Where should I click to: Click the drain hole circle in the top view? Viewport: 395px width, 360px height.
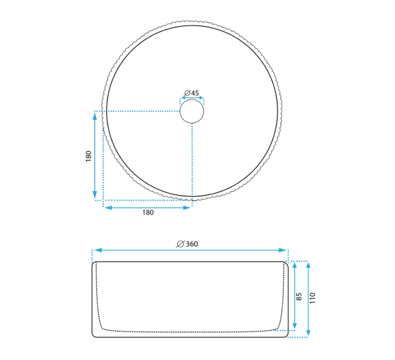coord(191,99)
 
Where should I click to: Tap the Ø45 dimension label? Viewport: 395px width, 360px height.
coord(191,93)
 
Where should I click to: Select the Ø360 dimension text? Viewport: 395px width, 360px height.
coord(187,244)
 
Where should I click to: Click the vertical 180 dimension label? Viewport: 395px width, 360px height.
coord(88,156)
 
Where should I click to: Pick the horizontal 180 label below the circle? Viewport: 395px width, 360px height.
coord(148,213)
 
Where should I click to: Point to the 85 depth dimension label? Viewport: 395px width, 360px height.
coord(299,296)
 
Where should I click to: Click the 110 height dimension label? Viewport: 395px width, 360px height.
coord(312,298)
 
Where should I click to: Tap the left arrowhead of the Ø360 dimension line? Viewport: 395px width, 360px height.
coord(98,250)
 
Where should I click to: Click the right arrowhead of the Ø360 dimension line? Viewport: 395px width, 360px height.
coord(282,250)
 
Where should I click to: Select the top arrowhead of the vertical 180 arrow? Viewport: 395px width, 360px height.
coord(95,117)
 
